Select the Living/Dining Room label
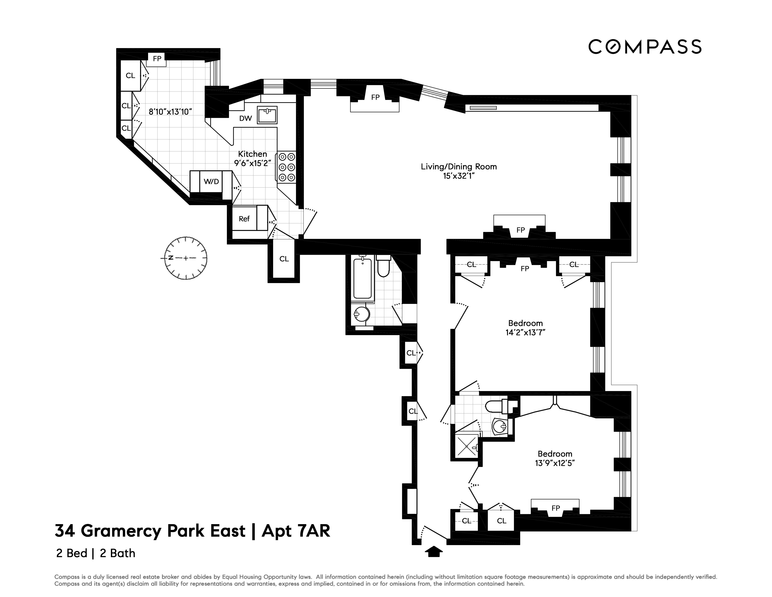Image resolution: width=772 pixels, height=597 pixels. (458, 167)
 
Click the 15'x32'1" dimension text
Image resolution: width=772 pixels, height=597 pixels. (458, 176)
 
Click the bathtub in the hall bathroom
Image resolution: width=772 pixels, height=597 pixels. (363, 279)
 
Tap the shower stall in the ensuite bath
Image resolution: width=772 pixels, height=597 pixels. (466, 446)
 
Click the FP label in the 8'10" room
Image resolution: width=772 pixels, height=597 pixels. (157, 59)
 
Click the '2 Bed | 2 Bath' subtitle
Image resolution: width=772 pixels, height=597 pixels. (95, 553)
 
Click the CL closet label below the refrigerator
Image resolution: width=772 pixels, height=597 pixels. (284, 259)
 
